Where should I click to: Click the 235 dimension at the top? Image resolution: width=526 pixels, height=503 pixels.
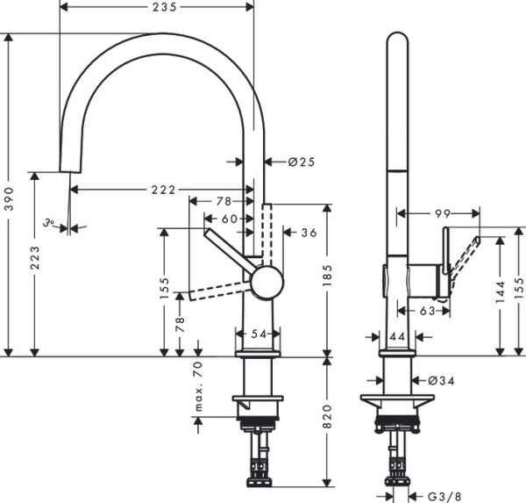159,7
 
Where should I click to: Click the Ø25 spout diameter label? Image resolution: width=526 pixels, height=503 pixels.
301,162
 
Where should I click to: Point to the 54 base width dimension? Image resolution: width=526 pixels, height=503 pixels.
258,334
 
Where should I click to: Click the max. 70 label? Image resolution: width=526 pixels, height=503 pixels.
198,387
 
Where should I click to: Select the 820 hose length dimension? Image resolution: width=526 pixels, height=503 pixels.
329,422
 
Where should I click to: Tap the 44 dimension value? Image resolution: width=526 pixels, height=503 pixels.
396,336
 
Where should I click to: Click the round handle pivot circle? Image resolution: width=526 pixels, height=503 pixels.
267,283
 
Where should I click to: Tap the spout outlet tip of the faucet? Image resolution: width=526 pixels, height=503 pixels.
64,169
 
